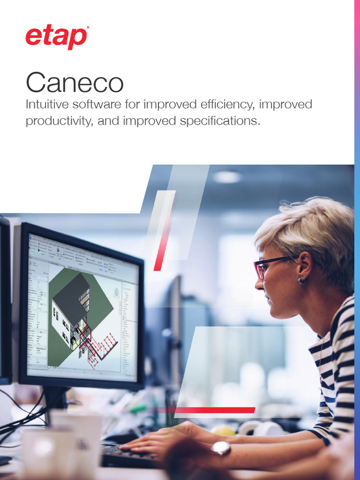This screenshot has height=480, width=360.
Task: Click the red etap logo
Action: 56,37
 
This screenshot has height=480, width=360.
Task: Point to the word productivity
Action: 56,121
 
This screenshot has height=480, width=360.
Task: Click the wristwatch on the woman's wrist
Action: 220,449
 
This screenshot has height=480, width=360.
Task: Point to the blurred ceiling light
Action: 227,177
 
